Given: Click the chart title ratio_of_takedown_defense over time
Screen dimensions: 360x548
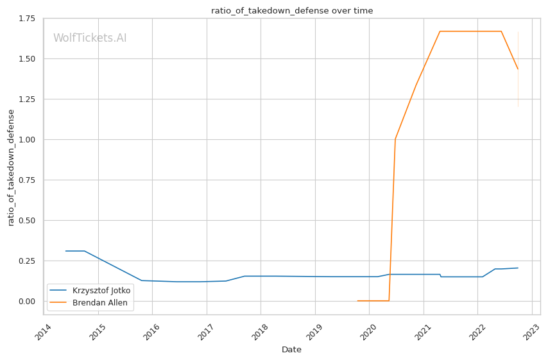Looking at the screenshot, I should click(292, 11).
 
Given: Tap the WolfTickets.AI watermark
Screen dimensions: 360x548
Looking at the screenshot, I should click(90, 39).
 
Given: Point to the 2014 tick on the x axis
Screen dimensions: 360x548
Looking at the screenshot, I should click(44, 333).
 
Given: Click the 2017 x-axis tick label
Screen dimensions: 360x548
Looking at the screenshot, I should click(206, 333).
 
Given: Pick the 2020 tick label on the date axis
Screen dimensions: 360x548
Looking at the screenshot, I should click(369, 333).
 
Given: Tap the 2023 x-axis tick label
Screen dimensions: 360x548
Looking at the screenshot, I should click(531, 333).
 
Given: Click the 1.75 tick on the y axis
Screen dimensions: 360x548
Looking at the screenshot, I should click(26, 19).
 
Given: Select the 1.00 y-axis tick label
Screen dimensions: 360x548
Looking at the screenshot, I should click(26, 140).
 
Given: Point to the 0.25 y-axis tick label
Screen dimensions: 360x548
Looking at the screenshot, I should click(26, 261).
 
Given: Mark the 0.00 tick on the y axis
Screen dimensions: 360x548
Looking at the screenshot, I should click(26, 302).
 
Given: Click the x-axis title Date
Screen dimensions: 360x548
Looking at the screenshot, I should click(291, 350).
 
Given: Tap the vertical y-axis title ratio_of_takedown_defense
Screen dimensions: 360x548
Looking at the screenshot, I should click(11, 167).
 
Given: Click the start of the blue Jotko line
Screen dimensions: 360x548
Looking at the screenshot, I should click(65, 251).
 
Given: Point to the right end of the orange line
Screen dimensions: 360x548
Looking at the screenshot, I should click(518, 69).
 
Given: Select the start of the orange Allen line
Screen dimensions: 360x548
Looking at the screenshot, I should click(357, 301).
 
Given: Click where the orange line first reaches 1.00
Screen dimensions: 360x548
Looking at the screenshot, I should click(395, 139).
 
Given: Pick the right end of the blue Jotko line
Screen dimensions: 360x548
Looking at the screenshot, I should click(518, 268).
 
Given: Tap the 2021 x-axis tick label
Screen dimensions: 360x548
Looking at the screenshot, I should click(423, 333).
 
